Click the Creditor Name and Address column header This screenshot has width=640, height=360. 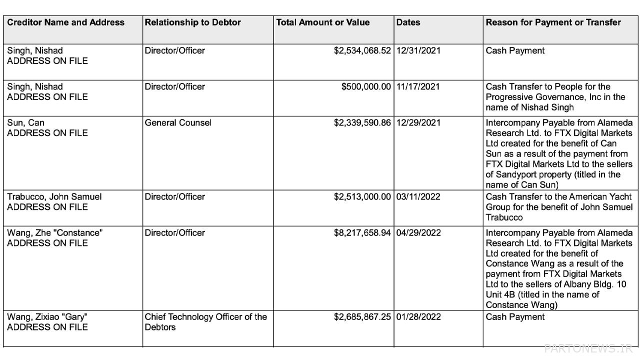tap(65, 22)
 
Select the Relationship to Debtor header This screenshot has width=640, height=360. tap(192, 22)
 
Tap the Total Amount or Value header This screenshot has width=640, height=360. tap(323, 22)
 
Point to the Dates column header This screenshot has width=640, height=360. tap(408, 22)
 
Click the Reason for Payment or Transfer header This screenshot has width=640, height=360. tap(553, 22)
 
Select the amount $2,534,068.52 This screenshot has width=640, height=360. tap(362, 50)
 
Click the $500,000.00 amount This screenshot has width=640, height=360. tap(366, 86)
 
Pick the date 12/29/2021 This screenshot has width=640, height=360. tap(418, 122)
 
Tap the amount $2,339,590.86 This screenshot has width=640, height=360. tap(362, 122)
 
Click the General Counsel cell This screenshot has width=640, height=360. tap(178, 122)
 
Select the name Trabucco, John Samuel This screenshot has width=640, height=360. tap(54, 196)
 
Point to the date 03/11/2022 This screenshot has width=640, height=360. tap(418, 196)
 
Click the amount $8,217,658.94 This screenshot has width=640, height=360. tap(362, 232)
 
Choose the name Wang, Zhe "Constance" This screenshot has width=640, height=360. tap(54, 232)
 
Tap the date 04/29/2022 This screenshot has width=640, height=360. tap(418, 232)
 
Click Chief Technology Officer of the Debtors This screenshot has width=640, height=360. tap(205, 321)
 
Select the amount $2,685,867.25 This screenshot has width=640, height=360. tap(362, 316)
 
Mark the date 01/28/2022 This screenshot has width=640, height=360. tap(418, 316)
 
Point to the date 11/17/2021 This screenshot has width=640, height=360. tap(418, 86)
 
